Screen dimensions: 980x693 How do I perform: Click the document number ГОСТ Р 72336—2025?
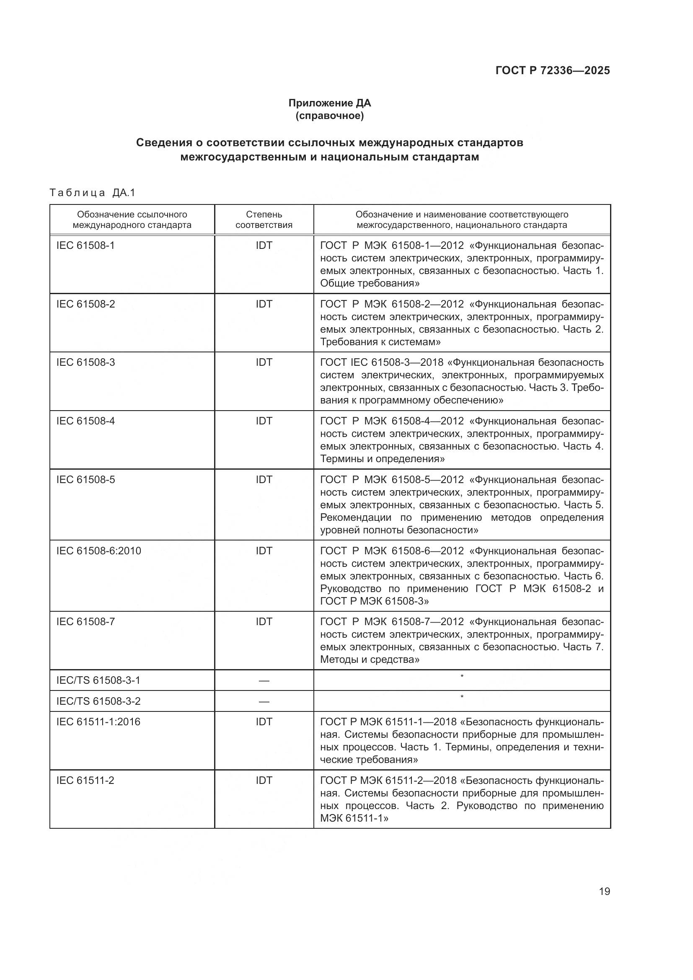click(x=553, y=70)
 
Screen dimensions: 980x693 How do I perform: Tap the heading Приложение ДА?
click(x=329, y=103)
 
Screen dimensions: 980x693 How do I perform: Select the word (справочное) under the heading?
click(x=329, y=116)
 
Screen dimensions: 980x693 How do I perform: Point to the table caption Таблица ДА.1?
click(x=92, y=193)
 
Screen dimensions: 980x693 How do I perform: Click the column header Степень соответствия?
click(x=264, y=220)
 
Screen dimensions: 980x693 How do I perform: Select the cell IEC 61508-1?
click(x=85, y=246)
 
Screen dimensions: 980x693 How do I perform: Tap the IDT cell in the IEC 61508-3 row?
click(x=264, y=362)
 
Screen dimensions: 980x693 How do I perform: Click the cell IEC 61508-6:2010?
click(x=98, y=551)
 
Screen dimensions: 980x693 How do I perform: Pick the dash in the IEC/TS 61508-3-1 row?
click(x=264, y=680)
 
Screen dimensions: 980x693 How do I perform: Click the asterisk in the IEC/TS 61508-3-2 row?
click(x=462, y=697)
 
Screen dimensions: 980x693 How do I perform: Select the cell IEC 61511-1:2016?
click(x=98, y=722)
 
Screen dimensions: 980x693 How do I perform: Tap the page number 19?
click(x=604, y=891)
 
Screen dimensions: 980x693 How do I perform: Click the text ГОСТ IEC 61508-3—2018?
click(x=382, y=362)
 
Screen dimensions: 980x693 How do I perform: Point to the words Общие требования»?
click(x=370, y=283)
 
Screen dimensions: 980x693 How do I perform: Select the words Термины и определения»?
click(x=382, y=459)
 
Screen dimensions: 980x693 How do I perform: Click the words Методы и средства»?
click(x=370, y=659)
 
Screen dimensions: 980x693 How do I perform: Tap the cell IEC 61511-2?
click(x=85, y=780)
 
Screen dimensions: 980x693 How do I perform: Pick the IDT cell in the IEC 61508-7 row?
click(x=264, y=621)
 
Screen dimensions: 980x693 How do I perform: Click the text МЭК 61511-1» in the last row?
click(x=354, y=818)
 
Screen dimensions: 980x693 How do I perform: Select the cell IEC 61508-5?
click(x=85, y=479)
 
